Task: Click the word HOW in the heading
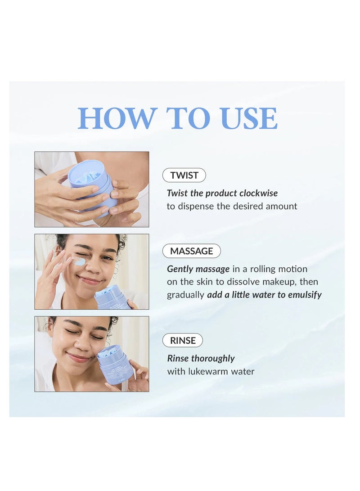(116, 118)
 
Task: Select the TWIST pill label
(184, 175)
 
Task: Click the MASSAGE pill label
(191, 251)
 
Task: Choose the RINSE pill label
(183, 340)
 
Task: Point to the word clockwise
(259, 193)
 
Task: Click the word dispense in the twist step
(198, 206)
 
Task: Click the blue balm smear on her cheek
(79, 261)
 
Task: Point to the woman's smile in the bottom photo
(79, 358)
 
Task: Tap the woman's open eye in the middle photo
(107, 258)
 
